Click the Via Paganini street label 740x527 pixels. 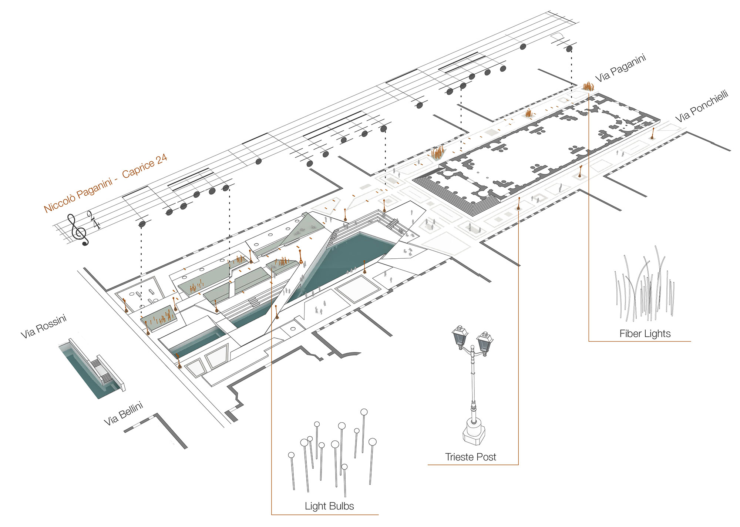(x=620, y=67)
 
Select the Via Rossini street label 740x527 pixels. (x=43, y=326)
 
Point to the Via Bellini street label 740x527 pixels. (x=123, y=414)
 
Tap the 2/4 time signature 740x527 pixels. (x=94, y=220)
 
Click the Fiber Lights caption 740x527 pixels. (x=645, y=334)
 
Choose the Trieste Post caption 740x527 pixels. (x=470, y=457)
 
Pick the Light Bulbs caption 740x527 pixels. (x=329, y=506)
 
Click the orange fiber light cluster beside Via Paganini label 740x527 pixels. (x=588, y=87)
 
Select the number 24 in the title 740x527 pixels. (x=161, y=158)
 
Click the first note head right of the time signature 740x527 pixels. (x=142, y=224)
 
